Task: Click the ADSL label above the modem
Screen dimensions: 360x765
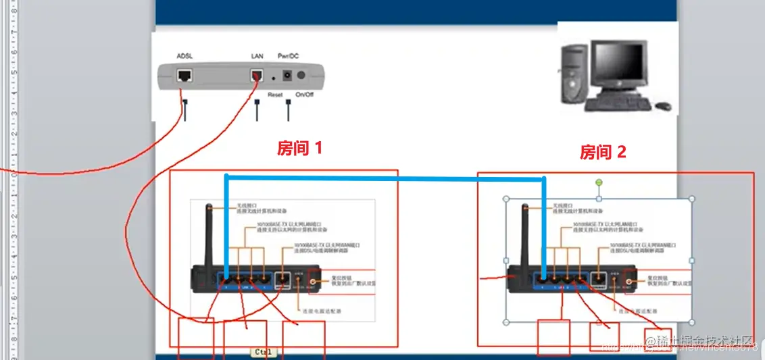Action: (185, 55)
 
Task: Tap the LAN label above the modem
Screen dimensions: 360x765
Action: (257, 55)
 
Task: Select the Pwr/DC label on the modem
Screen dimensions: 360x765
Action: (288, 55)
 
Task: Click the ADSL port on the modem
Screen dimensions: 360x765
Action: (184, 75)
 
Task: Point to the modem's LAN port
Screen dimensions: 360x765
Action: (257, 75)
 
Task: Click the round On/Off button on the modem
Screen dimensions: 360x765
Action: (301, 76)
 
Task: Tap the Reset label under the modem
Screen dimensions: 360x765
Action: (275, 95)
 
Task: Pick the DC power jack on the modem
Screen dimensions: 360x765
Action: (287, 76)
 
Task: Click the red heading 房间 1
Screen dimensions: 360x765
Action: (300, 148)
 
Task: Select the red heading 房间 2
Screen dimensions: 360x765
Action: (603, 153)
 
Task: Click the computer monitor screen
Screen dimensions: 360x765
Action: (616, 66)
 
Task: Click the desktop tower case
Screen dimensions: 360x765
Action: (572, 78)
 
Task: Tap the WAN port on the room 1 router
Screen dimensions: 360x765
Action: (284, 277)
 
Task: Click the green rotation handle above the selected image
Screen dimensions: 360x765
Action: (598, 182)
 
